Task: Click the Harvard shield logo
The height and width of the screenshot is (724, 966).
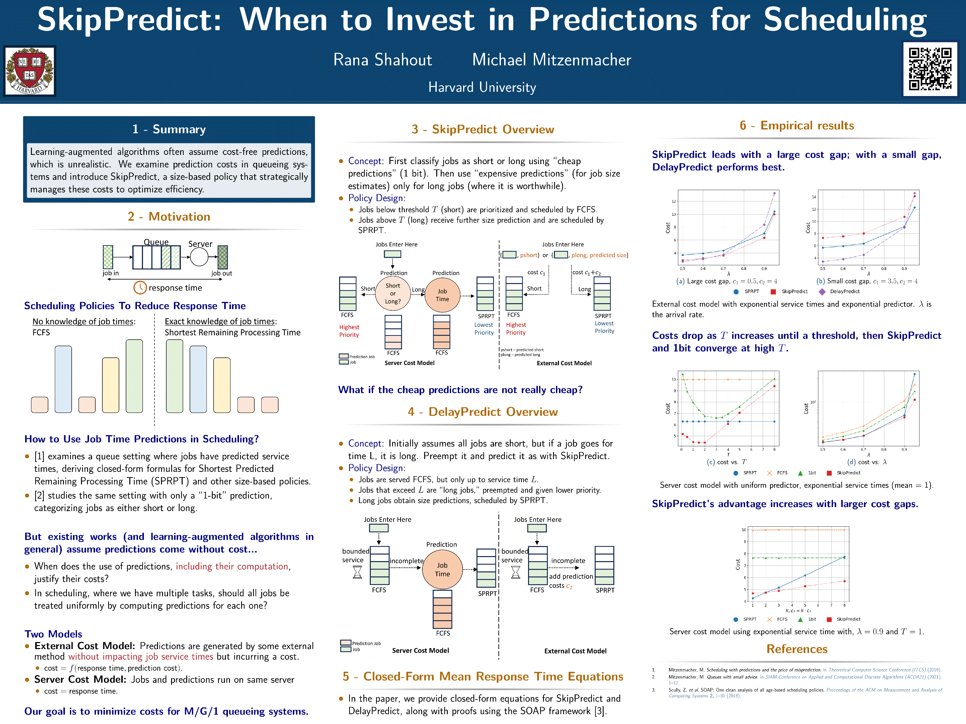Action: (30, 71)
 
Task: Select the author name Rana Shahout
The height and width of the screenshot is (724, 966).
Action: (383, 60)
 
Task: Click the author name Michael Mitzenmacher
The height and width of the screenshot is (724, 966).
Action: (552, 60)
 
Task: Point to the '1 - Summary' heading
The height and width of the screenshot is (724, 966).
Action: (169, 129)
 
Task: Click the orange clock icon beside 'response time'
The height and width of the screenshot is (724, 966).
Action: (140, 288)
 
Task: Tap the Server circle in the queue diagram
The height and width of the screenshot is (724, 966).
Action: (199, 257)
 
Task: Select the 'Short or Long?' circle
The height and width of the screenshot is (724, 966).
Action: (393, 294)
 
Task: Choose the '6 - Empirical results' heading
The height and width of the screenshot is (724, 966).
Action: (796, 126)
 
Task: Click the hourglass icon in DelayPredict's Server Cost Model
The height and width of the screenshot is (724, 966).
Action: (357, 572)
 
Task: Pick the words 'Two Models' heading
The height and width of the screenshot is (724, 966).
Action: (53, 634)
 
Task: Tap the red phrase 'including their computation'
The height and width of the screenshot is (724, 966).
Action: (232, 566)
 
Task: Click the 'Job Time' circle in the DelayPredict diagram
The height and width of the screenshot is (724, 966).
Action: (442, 569)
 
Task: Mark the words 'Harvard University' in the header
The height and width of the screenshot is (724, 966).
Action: (482, 87)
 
